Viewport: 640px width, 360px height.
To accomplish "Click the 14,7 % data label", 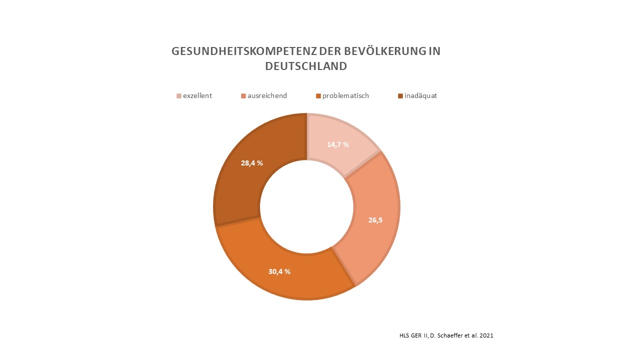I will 338,144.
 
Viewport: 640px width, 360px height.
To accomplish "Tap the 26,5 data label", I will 375,219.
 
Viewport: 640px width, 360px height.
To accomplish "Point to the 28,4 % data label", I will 252,162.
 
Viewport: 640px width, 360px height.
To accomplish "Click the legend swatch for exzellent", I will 179,96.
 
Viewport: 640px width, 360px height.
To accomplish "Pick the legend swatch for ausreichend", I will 243,96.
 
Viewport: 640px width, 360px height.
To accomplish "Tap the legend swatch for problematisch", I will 318,96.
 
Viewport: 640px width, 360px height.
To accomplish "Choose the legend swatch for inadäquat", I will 400,96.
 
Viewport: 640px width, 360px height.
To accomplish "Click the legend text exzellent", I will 197,95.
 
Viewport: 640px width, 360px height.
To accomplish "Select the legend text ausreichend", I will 267,95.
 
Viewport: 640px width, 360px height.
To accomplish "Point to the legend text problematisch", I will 345,95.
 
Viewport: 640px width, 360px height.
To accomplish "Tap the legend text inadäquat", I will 420,95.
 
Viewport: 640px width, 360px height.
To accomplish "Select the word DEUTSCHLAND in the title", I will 306,66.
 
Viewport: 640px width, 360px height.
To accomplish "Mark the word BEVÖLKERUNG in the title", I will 384,51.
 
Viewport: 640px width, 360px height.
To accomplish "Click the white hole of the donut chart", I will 306,207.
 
